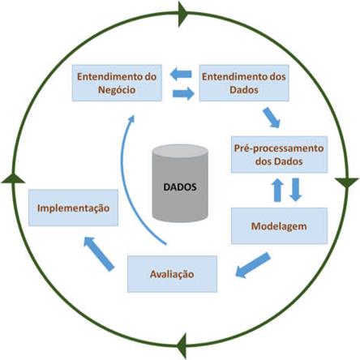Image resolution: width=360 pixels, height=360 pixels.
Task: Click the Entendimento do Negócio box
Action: [x=117, y=83]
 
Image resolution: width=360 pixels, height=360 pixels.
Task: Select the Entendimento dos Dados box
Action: [x=244, y=83]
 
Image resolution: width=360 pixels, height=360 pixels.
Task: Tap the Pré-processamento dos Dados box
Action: [x=279, y=155]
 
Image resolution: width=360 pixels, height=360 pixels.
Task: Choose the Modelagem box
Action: [x=279, y=226]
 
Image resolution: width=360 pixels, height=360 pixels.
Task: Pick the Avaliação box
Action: [x=172, y=274]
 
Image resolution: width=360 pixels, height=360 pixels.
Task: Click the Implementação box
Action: [x=73, y=208]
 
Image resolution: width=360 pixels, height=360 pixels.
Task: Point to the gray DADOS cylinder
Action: [x=180, y=183]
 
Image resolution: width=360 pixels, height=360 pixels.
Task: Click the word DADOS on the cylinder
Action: [x=180, y=187]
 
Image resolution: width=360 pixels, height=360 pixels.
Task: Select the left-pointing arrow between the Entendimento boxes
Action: [x=181, y=74]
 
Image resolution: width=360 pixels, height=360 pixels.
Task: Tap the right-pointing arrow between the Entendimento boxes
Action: [x=183, y=93]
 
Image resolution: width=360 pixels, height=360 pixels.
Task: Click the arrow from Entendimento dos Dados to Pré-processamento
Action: [x=272, y=118]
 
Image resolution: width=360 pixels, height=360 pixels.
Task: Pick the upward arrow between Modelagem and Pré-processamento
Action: [x=277, y=190]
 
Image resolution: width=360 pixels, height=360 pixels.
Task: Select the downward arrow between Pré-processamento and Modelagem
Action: [x=296, y=190]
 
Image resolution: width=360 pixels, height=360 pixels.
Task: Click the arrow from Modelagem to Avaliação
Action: [x=253, y=265]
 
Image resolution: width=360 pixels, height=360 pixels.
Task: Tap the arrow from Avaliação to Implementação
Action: [x=99, y=254]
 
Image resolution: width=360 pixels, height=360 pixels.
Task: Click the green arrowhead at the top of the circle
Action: [x=183, y=14]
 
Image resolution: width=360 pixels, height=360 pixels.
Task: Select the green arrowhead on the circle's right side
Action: [x=347, y=182]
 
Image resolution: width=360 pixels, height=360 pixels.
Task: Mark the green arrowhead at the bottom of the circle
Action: [x=182, y=346]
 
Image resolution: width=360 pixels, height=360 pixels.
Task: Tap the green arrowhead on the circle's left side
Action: [x=13, y=178]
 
